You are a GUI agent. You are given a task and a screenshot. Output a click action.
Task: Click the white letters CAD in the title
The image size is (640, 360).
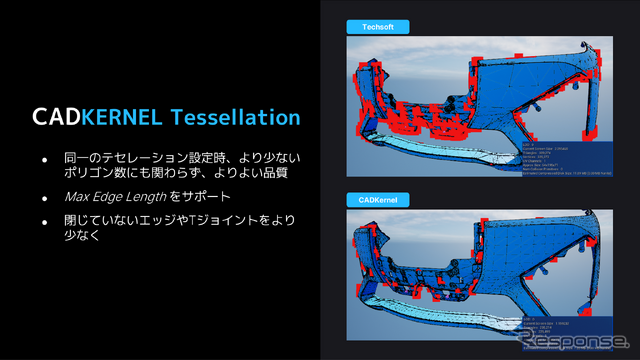(x=55, y=117)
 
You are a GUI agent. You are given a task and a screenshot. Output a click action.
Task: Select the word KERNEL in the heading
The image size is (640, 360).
(x=121, y=117)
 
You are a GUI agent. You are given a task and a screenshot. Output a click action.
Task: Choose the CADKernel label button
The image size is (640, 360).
(x=372, y=200)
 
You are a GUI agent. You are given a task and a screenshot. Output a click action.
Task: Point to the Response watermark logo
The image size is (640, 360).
(x=569, y=342)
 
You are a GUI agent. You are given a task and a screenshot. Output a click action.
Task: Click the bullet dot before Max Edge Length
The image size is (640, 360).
(x=44, y=195)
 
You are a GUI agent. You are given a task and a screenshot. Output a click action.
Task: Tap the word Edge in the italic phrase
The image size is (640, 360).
(x=110, y=195)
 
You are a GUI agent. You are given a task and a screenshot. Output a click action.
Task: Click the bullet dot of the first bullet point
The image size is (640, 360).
(x=44, y=160)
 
